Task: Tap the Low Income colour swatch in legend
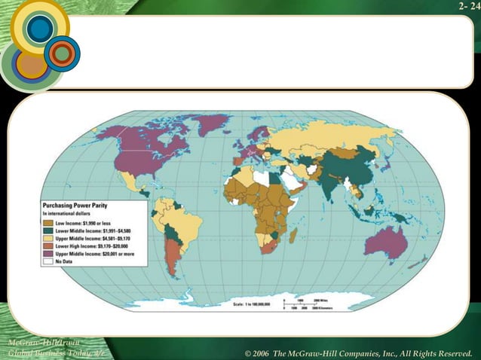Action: pyautogui.click(x=47, y=224)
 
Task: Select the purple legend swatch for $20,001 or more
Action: pyautogui.click(x=47, y=255)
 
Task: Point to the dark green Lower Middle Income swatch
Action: pyautogui.click(x=47, y=231)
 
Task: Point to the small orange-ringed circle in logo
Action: pyautogui.click(x=62, y=53)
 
